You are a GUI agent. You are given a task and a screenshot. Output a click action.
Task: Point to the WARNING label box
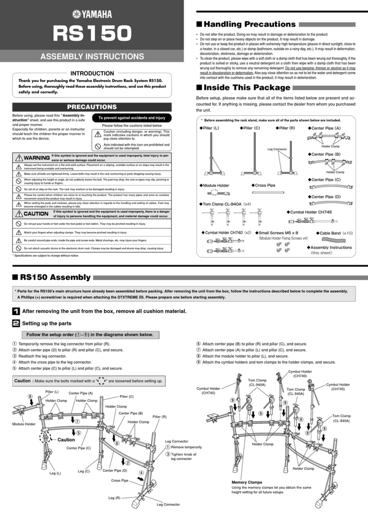coord(31,158)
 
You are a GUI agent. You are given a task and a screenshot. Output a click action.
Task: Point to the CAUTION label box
coord(31,214)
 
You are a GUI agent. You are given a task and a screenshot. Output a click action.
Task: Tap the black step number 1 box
coord(15,311)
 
